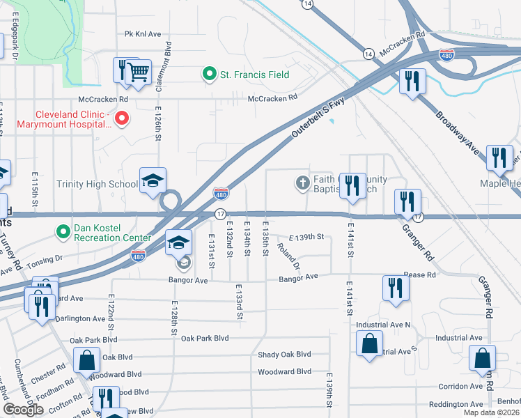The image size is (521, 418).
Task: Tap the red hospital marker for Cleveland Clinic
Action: (x=122, y=118)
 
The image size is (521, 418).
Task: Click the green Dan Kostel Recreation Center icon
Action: (x=63, y=230)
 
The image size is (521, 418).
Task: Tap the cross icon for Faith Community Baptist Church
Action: (x=302, y=183)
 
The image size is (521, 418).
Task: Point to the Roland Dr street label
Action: (x=288, y=256)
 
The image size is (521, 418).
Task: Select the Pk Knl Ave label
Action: (x=143, y=33)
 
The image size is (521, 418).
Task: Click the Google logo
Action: (x=23, y=410)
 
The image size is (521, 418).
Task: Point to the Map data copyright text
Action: (x=490, y=412)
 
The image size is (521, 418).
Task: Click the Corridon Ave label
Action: (x=460, y=386)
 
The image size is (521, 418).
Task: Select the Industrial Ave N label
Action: (x=383, y=325)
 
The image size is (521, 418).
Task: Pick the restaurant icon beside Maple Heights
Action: (x=499, y=158)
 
